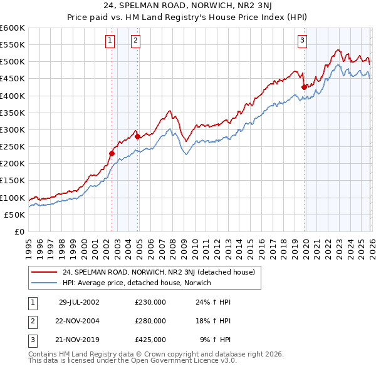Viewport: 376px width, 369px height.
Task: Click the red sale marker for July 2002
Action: tap(112, 153)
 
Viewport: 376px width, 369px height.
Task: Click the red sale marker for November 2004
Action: tap(137, 136)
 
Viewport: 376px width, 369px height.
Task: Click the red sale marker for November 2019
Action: tap(304, 87)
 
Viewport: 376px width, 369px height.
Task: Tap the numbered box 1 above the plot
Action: tap(110, 41)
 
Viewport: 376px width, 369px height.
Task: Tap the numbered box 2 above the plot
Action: tap(135, 41)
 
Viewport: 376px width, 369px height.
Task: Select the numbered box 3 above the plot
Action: tap(302, 41)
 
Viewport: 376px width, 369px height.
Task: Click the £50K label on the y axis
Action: tap(15, 215)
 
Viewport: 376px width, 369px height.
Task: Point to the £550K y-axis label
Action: tap(13, 45)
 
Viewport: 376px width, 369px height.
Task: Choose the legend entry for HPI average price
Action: tap(137, 283)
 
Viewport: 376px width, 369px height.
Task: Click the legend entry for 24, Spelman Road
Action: tap(159, 273)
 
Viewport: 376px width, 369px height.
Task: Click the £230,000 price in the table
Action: tap(150, 302)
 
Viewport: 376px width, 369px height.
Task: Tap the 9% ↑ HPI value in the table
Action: tap(215, 340)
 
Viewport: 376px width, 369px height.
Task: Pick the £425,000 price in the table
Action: tap(150, 340)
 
